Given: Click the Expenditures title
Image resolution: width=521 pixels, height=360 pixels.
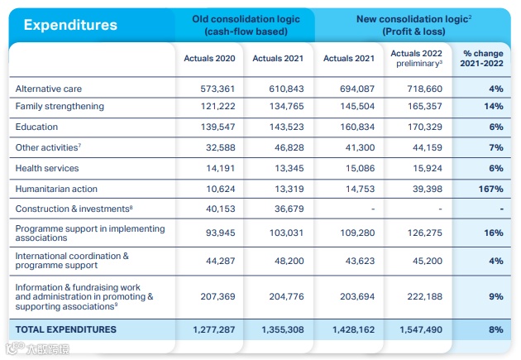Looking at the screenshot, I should pyautogui.click(x=70, y=24).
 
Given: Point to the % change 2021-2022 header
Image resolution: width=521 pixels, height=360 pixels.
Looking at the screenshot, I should pyautogui.click(x=483, y=58).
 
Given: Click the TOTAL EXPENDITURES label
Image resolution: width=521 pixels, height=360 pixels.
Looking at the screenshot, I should pyautogui.click(x=66, y=329).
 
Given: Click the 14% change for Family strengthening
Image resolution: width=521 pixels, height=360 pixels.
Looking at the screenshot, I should pyautogui.click(x=494, y=107).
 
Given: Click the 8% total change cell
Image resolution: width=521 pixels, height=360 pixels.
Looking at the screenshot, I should pyautogui.click(x=495, y=329).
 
